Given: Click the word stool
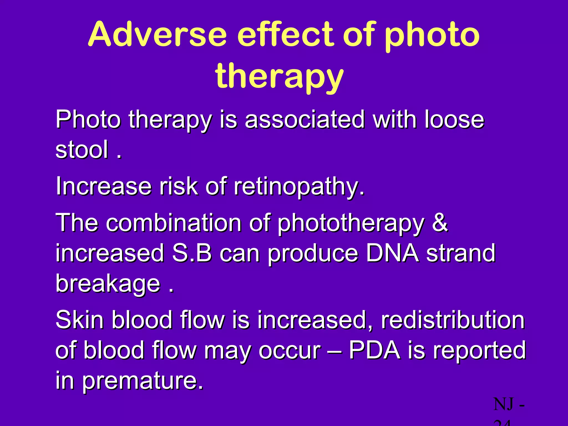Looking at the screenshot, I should (x=82, y=150).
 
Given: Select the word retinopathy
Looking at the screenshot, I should (x=299, y=186).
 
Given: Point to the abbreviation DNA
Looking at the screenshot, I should (x=392, y=253).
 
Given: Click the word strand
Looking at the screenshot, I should (x=461, y=253).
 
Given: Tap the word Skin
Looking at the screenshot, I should (x=80, y=320).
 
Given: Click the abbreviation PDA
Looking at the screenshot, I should (x=374, y=350).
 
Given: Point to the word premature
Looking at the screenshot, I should (x=143, y=381).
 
